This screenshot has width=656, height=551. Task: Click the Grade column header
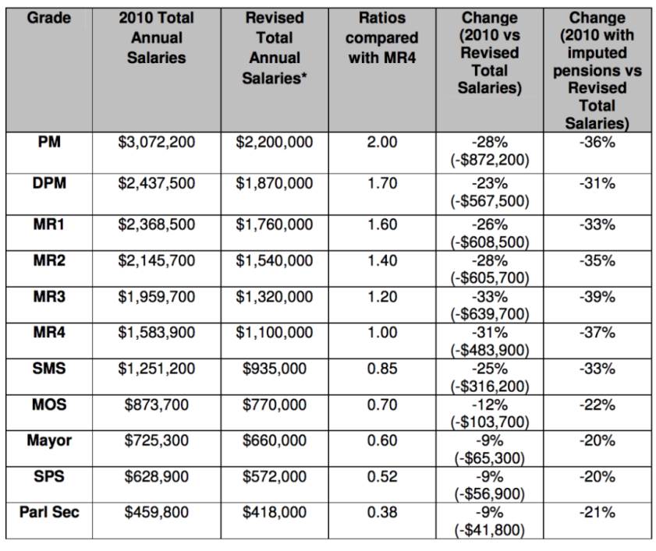49,18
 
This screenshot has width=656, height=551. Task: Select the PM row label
49,142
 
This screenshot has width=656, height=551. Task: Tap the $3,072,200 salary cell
157,142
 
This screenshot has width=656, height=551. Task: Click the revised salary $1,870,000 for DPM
275,183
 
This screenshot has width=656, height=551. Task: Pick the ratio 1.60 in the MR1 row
382,224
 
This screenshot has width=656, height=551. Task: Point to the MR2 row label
49,260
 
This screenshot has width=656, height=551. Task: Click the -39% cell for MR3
597,297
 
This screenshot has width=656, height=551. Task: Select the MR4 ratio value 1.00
382,332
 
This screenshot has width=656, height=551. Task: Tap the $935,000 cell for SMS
275,369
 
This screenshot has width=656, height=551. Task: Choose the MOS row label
49,404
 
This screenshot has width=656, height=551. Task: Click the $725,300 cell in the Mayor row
157,440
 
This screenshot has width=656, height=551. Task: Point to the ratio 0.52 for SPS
382,477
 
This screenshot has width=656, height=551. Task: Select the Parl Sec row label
49,512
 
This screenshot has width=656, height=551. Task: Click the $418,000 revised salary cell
275,513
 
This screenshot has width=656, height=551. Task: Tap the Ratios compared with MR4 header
382,37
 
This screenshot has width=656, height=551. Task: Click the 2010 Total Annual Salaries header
157,37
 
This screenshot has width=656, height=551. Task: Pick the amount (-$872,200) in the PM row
490,160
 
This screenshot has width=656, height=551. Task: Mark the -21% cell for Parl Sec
597,513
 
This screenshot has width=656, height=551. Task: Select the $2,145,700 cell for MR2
157,261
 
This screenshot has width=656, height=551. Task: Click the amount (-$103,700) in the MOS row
490,422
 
